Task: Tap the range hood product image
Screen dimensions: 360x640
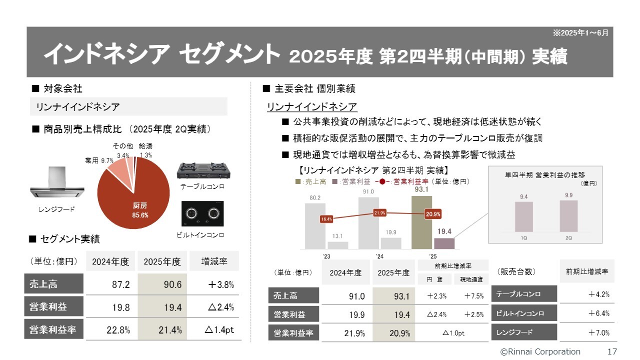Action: [56, 183]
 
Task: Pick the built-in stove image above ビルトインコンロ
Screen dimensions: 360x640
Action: [202, 214]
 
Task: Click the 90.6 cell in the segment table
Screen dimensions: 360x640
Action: [162, 284]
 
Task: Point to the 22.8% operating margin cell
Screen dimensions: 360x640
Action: [111, 330]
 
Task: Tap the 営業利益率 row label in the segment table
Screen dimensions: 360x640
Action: [53, 330]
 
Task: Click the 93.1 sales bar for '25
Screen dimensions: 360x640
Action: [421, 222]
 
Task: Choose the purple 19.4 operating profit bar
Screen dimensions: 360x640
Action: [444, 243]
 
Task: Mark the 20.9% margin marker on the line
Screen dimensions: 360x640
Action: [433, 214]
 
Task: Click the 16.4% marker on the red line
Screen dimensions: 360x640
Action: [326, 219]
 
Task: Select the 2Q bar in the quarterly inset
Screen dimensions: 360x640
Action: [568, 216]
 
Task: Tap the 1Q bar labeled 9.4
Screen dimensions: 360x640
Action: [523, 216]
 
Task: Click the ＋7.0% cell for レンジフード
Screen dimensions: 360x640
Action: [587, 332]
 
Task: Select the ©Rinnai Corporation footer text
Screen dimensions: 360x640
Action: [540, 351]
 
